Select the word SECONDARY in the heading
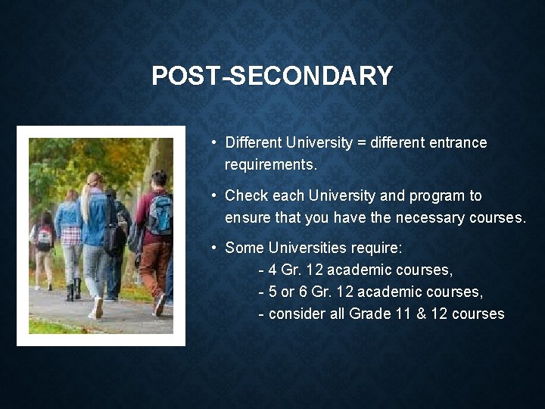click(312, 76)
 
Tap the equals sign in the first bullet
click(363, 142)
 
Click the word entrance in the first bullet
click(458, 142)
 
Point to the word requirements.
click(270, 164)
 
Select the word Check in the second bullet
click(245, 195)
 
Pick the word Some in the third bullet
click(244, 248)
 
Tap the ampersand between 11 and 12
click(421, 314)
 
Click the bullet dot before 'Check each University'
click(216, 195)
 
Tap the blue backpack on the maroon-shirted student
click(160, 215)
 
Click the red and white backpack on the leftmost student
click(45, 239)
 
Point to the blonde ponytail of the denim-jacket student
click(85, 201)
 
